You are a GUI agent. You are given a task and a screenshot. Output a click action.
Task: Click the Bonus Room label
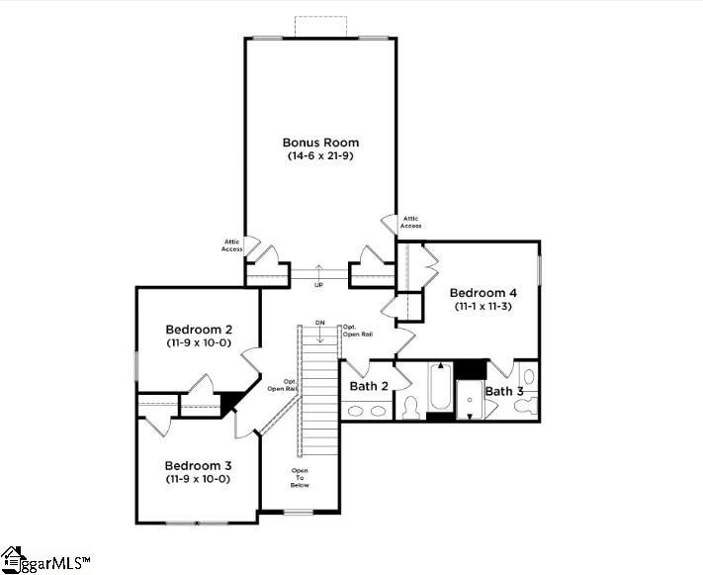coord(320,143)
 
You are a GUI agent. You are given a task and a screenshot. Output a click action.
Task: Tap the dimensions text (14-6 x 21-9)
coord(320,156)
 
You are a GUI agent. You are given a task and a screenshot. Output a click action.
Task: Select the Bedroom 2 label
coord(199,330)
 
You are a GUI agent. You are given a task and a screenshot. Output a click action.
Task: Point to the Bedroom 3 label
coord(198,465)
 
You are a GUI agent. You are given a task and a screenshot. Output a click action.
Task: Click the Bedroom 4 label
coord(483,293)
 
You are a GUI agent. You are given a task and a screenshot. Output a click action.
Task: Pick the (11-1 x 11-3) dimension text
coord(483,307)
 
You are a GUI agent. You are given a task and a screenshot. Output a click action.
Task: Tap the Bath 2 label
coord(368,386)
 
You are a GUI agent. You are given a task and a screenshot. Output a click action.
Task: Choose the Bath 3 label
coord(504,392)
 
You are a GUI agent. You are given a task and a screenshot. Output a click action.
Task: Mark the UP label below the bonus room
coord(318,285)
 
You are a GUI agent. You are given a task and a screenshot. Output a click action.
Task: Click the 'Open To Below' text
coord(300,478)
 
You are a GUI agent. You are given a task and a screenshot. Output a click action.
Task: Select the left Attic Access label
coord(232,245)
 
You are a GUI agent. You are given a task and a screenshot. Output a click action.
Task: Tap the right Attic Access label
coord(410,223)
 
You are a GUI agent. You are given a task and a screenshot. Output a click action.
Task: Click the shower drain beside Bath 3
coord(471,399)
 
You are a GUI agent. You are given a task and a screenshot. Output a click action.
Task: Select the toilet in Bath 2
coord(410,406)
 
